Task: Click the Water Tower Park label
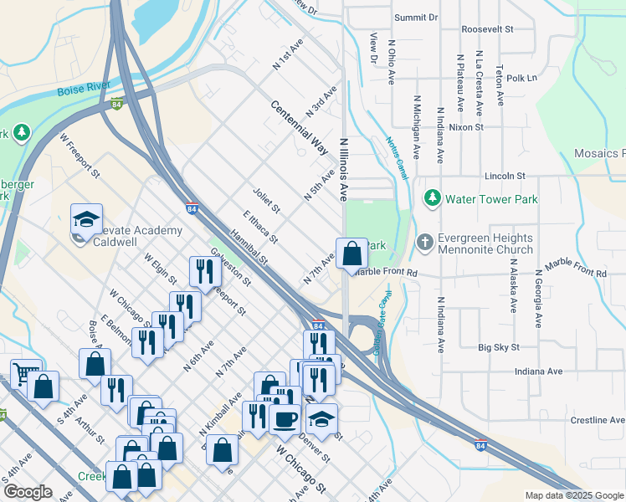coord(491,199)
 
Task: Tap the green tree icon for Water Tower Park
coord(432,199)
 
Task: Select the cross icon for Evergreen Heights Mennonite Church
coord(425,243)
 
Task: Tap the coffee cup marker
coord(285,417)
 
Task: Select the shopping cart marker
coord(25,372)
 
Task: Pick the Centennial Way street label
coord(299,131)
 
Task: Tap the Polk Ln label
coord(521,78)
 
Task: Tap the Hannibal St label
coord(250,249)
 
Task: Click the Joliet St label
coord(265,202)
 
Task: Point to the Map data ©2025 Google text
coord(572,495)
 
